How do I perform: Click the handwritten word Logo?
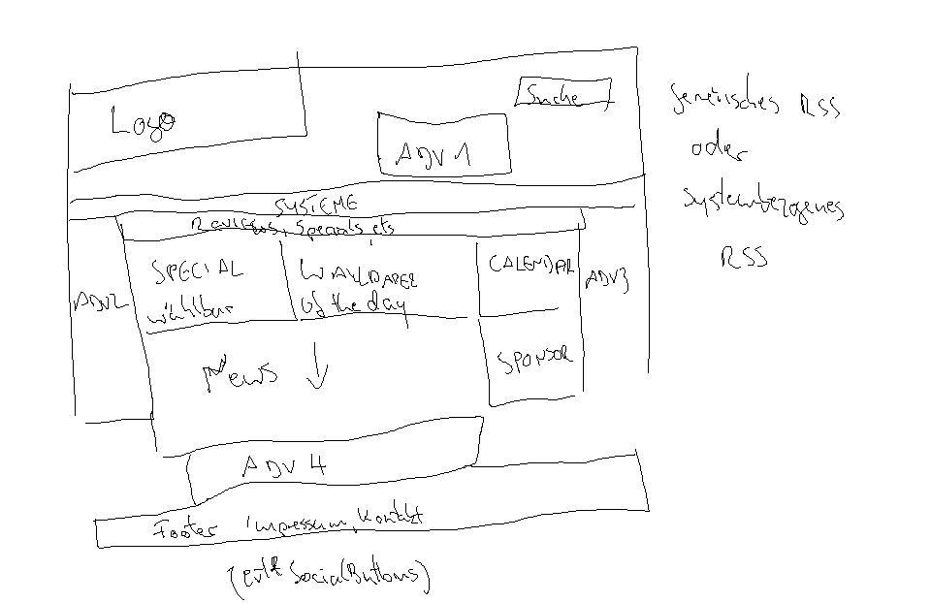(x=144, y=121)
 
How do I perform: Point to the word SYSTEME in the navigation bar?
(x=316, y=206)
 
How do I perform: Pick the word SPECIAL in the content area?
(x=198, y=270)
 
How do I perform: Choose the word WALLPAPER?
(x=359, y=275)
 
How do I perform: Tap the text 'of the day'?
(x=354, y=304)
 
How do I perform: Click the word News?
(x=242, y=374)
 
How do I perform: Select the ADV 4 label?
(x=284, y=466)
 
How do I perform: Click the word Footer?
(x=190, y=529)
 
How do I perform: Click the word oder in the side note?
(x=719, y=150)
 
